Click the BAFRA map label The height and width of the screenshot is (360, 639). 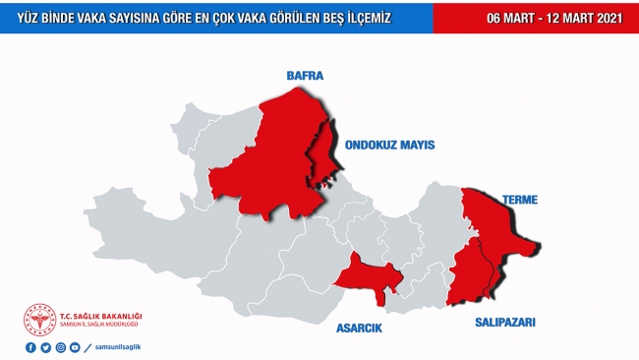(x=304, y=75)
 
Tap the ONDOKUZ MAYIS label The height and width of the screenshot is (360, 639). (x=389, y=145)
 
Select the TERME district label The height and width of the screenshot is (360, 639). (x=519, y=200)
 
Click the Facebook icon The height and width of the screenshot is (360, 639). (x=30, y=347)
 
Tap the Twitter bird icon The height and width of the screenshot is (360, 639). (x=45, y=347)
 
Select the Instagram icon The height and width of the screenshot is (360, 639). (x=60, y=347)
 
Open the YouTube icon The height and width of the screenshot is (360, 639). (x=75, y=347)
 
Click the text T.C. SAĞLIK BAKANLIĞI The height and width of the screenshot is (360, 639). (x=102, y=315)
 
